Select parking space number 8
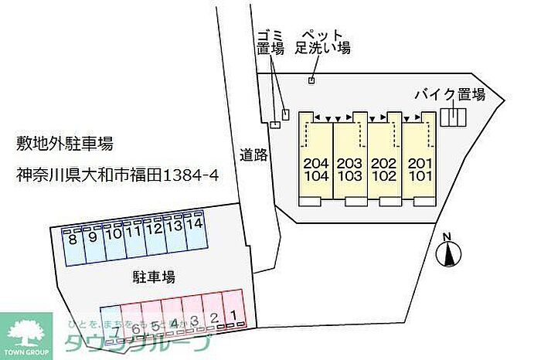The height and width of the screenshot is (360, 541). coord(73,246)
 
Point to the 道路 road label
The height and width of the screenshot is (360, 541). coord(253,154)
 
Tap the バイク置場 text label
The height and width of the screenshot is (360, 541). coord(449,94)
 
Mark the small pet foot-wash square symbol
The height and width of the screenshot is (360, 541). coord(311,80)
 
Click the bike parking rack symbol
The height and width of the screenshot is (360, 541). coord(454,117)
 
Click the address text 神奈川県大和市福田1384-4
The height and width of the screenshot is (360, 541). coord(117,175)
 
